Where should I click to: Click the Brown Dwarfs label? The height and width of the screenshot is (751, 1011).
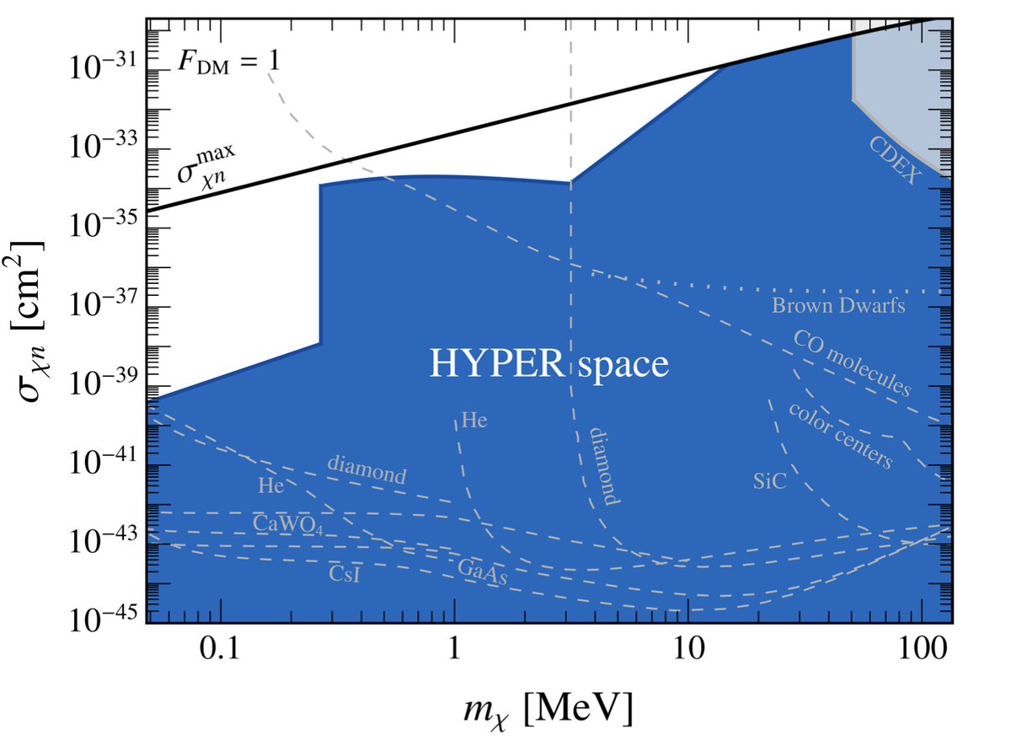pos(838,306)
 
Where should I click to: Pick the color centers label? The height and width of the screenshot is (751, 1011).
pos(839,434)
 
